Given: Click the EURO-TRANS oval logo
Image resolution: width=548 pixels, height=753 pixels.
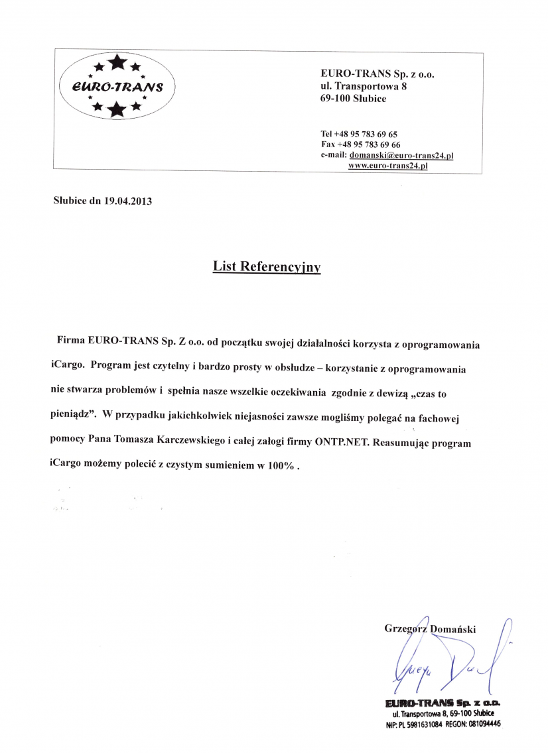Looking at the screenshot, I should (x=117, y=87).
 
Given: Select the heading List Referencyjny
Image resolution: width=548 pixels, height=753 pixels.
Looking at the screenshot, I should (x=267, y=266).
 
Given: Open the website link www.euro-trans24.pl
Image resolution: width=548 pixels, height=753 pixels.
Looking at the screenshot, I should (x=387, y=166).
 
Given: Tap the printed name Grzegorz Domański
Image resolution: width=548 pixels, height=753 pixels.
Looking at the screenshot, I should (x=429, y=628).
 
